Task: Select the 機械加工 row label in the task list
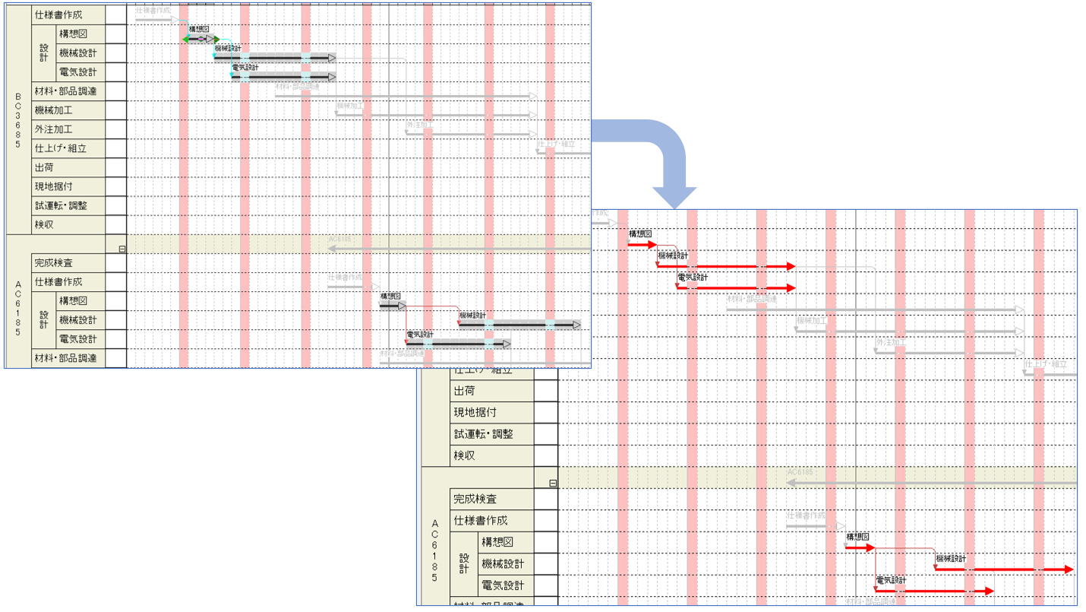[54, 110]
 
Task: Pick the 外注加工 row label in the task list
[54, 129]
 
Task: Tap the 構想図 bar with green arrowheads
[200, 40]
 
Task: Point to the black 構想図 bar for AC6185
[393, 306]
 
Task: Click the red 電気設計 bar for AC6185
[934, 591]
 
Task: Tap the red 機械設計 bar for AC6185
[1002, 569]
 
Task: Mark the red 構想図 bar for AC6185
[860, 547]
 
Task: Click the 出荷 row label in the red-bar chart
[464, 391]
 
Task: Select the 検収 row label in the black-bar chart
[44, 225]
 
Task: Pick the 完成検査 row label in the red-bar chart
[475, 499]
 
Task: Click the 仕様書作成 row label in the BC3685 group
[58, 14]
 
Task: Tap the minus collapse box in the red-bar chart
[553, 484]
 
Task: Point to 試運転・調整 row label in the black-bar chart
[61, 205]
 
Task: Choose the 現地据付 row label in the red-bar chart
[475, 412]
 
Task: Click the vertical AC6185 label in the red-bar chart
[435, 550]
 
